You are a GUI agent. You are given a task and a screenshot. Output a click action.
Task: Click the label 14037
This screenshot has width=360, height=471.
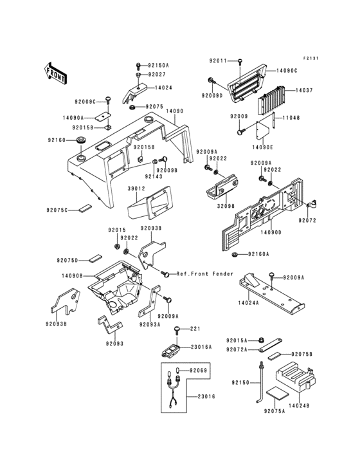coord(303,91)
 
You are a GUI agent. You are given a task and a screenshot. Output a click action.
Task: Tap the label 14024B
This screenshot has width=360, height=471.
coord(299,406)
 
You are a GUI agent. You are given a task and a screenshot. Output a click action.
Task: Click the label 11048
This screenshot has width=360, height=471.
coord(291,118)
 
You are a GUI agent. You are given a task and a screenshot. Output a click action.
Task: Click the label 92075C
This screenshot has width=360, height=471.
coord(58,209)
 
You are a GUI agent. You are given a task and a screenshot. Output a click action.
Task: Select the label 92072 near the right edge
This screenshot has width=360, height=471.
coord(307,220)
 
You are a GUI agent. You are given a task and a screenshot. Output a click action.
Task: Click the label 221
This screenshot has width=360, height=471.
coord(195,329)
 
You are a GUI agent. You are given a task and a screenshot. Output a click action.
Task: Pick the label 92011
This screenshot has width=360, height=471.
coord(218,61)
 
